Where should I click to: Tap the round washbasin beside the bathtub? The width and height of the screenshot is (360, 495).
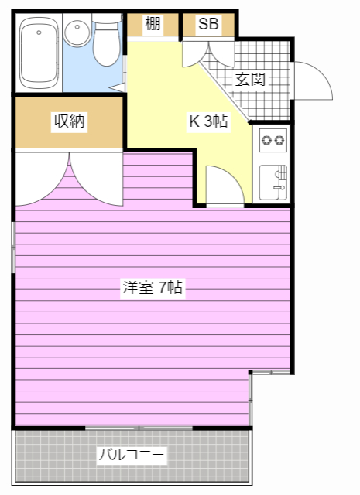click(x=77, y=33)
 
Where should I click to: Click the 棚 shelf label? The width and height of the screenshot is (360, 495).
click(x=153, y=24)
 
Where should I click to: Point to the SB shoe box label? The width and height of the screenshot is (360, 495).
click(x=208, y=24)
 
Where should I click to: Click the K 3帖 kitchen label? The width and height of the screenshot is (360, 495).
click(x=209, y=121)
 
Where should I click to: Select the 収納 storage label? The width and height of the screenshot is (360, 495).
click(x=69, y=121)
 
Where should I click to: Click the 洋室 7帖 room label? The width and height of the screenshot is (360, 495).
click(x=152, y=288)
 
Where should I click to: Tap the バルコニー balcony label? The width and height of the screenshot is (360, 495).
click(x=132, y=455)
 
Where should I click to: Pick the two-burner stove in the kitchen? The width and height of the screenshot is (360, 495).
click(x=273, y=140)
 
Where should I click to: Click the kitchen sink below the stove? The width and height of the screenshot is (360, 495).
click(x=273, y=183)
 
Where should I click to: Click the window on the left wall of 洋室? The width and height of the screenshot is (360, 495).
click(x=13, y=247)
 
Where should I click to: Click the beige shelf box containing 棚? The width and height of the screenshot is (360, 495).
click(x=153, y=24)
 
